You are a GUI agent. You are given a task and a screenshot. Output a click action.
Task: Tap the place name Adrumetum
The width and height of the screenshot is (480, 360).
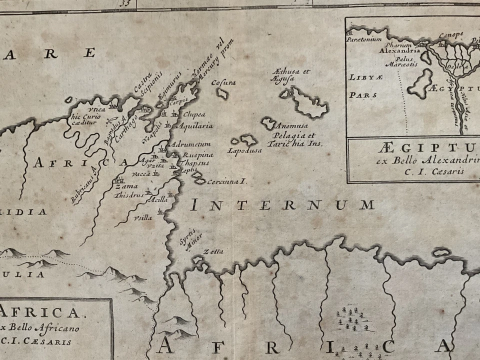click(183, 144)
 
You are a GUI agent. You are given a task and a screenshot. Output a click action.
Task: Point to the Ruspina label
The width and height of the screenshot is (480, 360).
click(197, 155)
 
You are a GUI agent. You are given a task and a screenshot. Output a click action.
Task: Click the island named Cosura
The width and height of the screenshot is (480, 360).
click(223, 82)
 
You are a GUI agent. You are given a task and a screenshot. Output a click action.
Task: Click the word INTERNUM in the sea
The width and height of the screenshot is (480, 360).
click(282, 204)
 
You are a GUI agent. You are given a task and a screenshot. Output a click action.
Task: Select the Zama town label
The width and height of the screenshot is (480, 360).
click(126, 186)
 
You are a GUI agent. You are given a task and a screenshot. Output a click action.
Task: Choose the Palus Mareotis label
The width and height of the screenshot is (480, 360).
click(398, 61)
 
